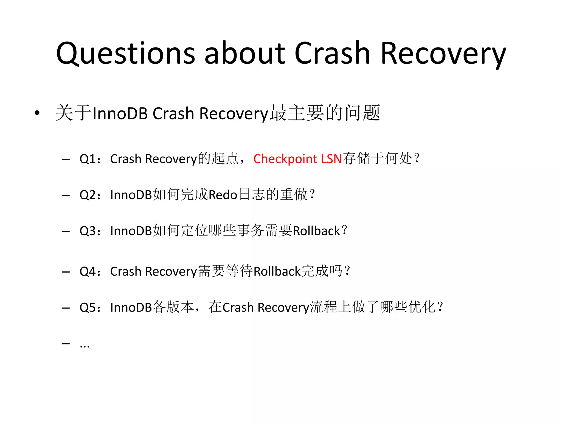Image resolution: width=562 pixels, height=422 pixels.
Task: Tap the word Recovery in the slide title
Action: (x=443, y=54)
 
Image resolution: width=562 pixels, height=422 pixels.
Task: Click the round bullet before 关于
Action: (x=37, y=113)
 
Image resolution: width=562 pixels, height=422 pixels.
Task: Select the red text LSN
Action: (x=331, y=159)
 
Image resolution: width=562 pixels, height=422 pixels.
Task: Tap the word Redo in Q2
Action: (x=223, y=195)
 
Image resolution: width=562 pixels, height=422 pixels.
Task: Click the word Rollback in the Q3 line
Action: (x=316, y=231)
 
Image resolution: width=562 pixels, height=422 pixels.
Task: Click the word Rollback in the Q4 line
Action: (x=277, y=271)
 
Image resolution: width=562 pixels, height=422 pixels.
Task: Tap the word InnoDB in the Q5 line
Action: (x=131, y=307)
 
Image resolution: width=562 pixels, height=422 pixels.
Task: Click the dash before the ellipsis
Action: (x=66, y=343)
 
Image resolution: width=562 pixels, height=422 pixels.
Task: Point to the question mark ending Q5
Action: (x=440, y=306)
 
